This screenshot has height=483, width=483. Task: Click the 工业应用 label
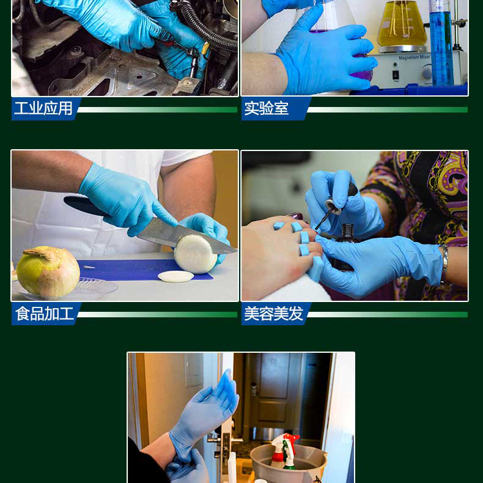(43, 108)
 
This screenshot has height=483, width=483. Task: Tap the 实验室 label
(267, 108)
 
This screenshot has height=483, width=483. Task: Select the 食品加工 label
(45, 314)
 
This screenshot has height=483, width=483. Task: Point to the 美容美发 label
(274, 314)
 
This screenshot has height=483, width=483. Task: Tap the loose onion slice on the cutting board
(176, 276)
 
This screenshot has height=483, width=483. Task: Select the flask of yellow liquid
(402, 24)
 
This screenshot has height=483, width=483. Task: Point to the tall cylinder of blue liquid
(441, 43)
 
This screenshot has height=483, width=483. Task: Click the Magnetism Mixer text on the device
(415, 57)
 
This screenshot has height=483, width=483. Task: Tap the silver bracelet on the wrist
(444, 264)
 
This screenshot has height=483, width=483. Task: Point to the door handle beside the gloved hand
(216, 440)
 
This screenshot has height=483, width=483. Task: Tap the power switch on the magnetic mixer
(396, 75)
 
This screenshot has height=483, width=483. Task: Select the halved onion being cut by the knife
(196, 254)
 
